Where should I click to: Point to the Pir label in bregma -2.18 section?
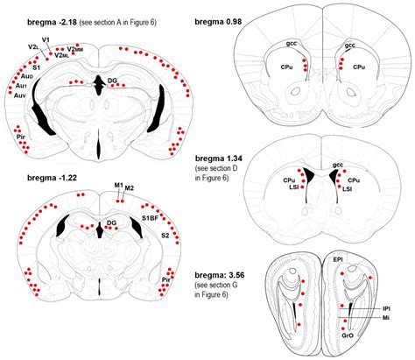[x=18, y=138]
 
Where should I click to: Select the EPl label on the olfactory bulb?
[x=338, y=260]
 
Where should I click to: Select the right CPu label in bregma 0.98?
[x=359, y=66]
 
